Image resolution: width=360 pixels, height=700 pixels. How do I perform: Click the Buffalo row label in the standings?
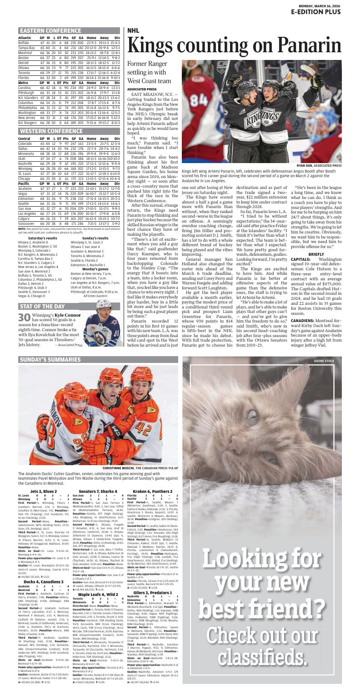point(24,43)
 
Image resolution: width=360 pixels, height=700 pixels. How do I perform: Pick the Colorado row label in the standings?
point(25,144)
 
